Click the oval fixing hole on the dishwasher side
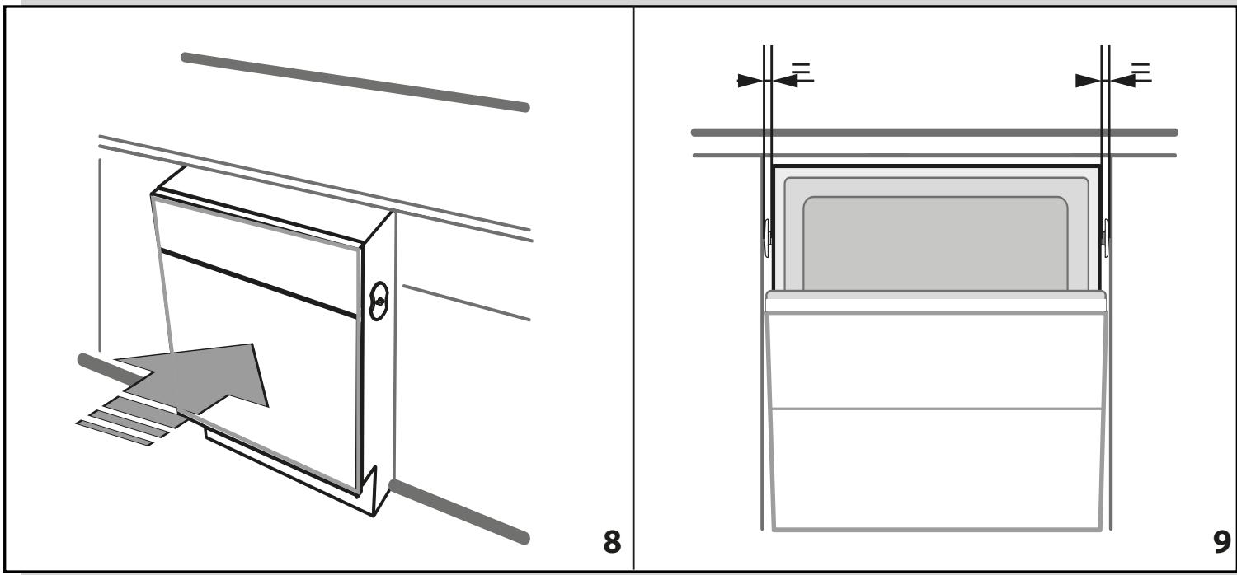(378, 302)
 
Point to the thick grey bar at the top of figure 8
(355, 82)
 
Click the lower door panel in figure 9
(934, 465)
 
